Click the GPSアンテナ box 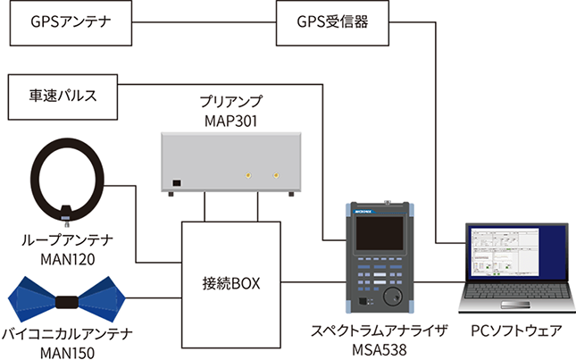click(71, 22)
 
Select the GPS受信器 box click(332, 22)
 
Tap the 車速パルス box click(63, 97)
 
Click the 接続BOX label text click(231, 283)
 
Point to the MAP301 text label click(230, 121)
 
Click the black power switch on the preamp click(177, 182)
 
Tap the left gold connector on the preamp click(248, 175)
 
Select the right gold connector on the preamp click(276, 175)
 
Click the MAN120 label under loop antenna click(68, 260)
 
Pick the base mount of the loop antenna click(66, 213)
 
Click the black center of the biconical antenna click(67, 302)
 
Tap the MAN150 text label click(67, 353)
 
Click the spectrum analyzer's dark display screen click(380, 234)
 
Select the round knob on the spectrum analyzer click(393, 296)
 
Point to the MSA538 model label click(380, 349)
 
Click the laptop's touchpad click(516, 305)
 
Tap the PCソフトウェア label click(516, 331)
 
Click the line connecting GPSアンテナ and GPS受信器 click(204, 22)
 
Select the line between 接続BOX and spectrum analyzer click(313, 282)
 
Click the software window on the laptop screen click(505, 253)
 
